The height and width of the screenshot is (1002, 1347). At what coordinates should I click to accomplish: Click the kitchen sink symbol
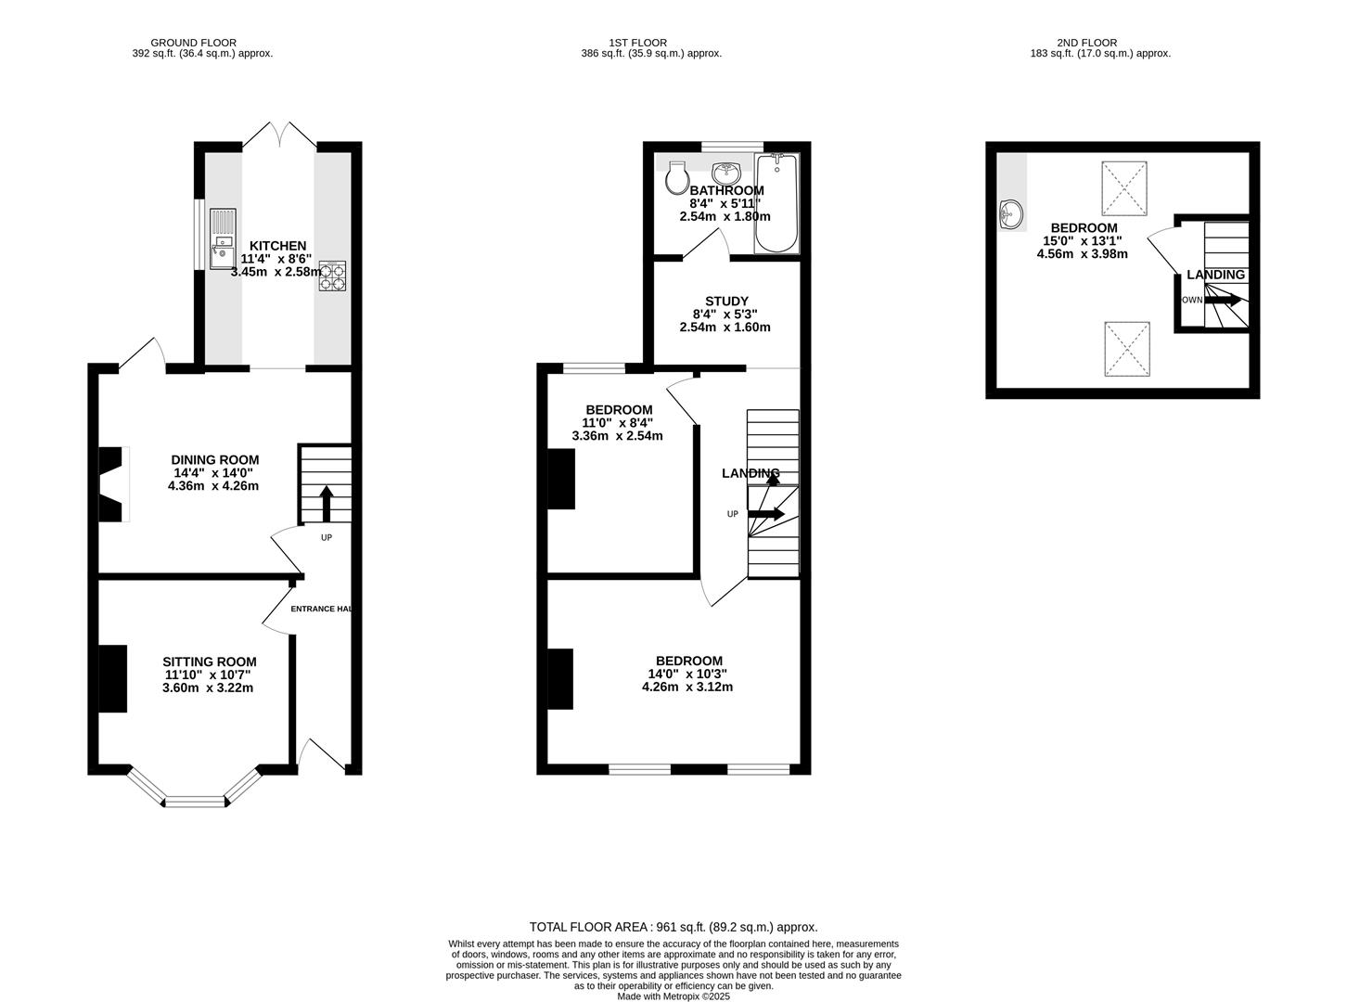click(x=223, y=239)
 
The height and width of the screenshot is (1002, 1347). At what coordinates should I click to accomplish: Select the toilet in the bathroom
click(x=676, y=177)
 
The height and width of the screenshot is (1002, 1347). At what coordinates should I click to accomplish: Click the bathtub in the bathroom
click(x=776, y=204)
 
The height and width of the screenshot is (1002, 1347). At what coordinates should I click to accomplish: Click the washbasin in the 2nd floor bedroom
click(x=1012, y=214)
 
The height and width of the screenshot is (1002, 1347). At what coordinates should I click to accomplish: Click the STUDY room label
click(x=726, y=302)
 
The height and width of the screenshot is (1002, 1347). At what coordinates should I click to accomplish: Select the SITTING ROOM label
click(x=210, y=662)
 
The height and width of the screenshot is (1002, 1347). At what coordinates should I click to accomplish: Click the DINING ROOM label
click(x=214, y=460)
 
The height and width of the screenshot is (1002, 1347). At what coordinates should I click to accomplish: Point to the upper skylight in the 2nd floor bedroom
click(x=1124, y=188)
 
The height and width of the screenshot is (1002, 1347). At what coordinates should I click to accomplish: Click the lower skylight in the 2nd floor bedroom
click(x=1126, y=350)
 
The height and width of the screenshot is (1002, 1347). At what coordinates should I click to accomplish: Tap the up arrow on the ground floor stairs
click(x=326, y=504)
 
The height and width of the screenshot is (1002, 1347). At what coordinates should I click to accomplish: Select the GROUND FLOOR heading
click(x=193, y=43)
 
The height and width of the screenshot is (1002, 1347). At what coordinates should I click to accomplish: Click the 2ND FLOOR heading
click(x=1086, y=43)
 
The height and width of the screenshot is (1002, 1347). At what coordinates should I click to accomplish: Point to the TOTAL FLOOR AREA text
click(x=673, y=927)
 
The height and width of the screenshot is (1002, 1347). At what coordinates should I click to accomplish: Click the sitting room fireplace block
click(x=113, y=678)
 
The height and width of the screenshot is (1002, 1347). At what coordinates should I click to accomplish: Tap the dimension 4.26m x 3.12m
click(x=686, y=687)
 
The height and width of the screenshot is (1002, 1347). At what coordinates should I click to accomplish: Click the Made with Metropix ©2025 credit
click(x=673, y=996)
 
